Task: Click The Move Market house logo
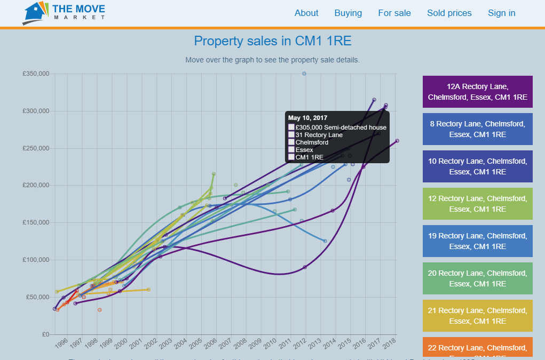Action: (36, 13)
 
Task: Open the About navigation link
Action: (306, 13)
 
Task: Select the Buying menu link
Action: (348, 13)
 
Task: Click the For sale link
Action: (394, 13)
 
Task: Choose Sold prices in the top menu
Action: (449, 13)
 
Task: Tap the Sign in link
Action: (502, 13)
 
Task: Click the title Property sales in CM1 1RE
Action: (272, 41)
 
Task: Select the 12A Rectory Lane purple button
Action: (478, 92)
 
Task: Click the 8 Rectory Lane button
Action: (478, 129)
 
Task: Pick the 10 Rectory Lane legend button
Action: (478, 166)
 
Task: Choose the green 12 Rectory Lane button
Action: (478, 204)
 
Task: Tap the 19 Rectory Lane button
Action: (478, 241)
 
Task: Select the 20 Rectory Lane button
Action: (478, 278)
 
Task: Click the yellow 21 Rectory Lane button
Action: (478, 316)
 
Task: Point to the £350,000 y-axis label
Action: (36, 74)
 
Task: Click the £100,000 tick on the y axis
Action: (36, 260)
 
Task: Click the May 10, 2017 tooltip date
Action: (308, 118)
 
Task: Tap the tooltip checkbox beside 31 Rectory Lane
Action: (291, 135)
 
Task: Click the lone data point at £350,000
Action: (304, 74)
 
